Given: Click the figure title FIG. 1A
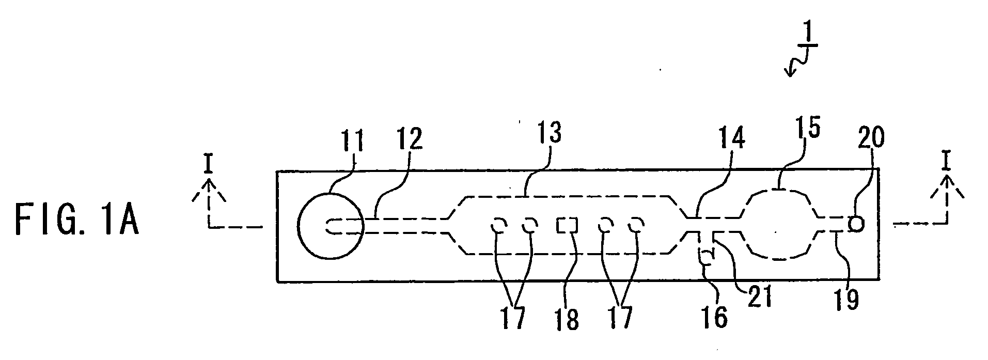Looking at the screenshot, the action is click(76, 220).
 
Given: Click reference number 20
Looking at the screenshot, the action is click(869, 139).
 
